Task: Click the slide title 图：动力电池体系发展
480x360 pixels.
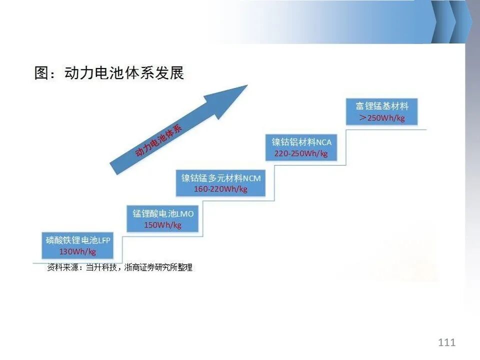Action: point(109,73)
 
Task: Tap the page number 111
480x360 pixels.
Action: point(446,342)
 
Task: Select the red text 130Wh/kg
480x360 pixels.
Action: point(78,251)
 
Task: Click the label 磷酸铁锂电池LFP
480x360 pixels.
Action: point(78,240)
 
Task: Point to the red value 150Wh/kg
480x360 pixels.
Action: point(163,225)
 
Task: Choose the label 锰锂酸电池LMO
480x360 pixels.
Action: point(163,213)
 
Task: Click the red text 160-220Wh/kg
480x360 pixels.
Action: point(220,189)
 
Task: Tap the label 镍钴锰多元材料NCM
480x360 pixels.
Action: point(220,178)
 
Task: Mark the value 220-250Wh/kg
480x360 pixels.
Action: point(301,153)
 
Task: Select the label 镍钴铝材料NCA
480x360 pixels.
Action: point(301,142)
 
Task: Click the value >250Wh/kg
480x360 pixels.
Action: point(382,118)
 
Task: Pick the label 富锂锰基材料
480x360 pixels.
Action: point(382,106)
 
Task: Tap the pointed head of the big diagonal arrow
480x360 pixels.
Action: point(247,85)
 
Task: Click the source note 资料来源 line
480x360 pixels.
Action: point(119,267)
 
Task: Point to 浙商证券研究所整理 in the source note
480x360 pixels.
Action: point(158,267)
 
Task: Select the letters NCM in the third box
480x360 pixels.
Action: point(252,178)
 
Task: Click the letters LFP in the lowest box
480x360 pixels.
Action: point(104,240)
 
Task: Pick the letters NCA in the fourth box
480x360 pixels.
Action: point(324,142)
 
